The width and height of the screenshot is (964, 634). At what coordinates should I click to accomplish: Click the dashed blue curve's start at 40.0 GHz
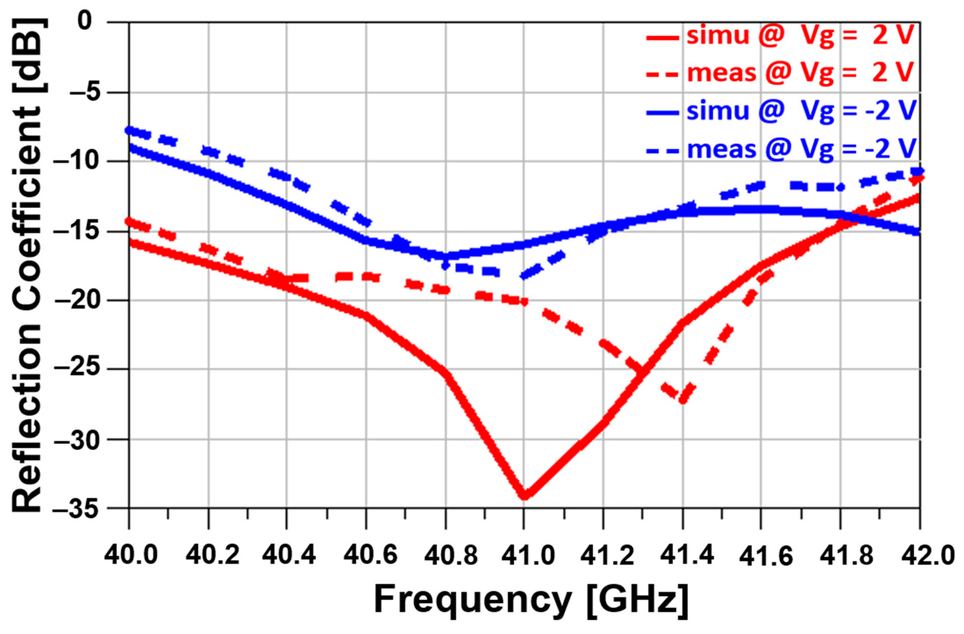(x=130, y=130)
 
